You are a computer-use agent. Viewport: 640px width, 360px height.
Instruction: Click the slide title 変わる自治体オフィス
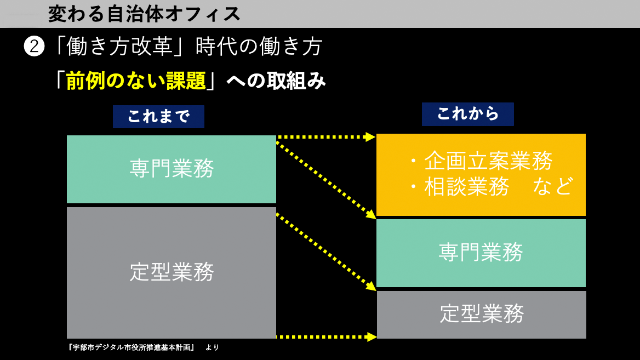tap(144, 14)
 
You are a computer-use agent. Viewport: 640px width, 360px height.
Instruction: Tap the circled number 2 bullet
tap(34, 46)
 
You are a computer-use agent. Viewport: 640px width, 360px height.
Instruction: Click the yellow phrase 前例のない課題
tap(136, 81)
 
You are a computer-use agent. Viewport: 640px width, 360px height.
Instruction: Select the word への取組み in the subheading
tap(276, 81)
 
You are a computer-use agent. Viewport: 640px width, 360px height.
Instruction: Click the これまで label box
tap(158, 117)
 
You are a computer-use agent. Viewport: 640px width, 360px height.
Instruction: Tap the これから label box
tap(468, 115)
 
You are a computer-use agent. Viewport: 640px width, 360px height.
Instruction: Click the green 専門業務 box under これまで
tap(172, 169)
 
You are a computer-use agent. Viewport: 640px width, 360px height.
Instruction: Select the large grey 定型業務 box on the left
tap(172, 273)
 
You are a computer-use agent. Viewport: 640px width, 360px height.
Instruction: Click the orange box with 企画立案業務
tap(481, 175)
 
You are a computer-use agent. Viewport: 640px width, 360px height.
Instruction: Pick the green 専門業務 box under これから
tap(481, 253)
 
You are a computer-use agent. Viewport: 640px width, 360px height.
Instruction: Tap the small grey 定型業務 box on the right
tap(482, 315)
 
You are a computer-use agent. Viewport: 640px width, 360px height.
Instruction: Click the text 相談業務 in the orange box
tap(467, 187)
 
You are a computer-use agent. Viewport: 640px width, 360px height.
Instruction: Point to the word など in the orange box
tap(553, 186)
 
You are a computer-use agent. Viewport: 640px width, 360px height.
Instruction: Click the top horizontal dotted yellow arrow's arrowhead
tap(370, 137)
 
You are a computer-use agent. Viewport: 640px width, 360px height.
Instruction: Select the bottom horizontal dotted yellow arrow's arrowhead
tap(372, 337)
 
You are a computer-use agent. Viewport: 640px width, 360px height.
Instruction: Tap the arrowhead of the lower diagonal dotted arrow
tap(371, 287)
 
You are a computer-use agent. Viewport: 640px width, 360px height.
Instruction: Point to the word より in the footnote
tap(212, 347)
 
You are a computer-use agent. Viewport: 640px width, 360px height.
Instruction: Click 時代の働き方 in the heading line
tap(259, 46)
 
